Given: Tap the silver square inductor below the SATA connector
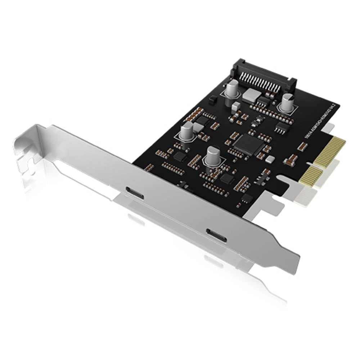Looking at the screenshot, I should [252, 94].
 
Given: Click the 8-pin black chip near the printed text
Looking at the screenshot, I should [281, 126].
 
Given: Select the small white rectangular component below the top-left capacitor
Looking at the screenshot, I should [235, 105].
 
